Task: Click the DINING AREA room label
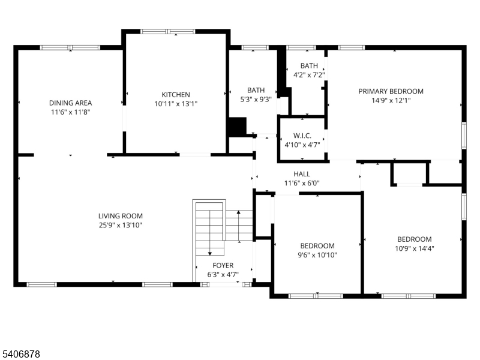70,103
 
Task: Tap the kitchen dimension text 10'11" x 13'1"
176,104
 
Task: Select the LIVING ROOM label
121,216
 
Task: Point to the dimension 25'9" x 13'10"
121,225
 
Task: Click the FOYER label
223,265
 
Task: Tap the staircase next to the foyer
210,228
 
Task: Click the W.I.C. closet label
302,136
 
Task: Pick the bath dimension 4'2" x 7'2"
309,75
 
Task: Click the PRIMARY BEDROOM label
391,91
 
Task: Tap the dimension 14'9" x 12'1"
391,101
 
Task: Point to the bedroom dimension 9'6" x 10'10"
317,255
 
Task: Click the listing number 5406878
21,355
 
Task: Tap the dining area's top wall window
70,47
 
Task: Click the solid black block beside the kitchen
238,127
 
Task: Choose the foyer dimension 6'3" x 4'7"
223,275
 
